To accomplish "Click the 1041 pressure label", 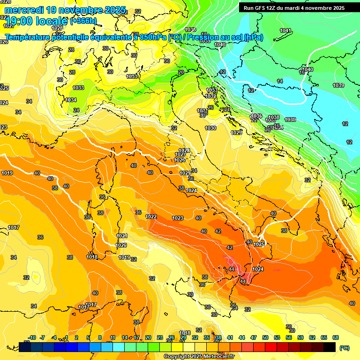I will (x=285, y=30).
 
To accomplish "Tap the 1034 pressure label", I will (x=71, y=100).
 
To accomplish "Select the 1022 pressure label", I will (x=151, y=217).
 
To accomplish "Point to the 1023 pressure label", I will (x=178, y=218).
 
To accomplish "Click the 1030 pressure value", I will (x=210, y=128).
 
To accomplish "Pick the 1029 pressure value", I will (x=236, y=133).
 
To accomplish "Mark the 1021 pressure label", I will (x=122, y=236).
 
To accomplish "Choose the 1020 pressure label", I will (x=121, y=245).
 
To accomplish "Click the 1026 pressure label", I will (x=180, y=160).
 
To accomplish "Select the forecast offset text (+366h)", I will (x=83, y=21).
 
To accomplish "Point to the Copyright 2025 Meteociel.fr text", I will (x=198, y=356).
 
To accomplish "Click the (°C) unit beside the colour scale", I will (x=344, y=348).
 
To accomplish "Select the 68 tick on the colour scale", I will (x=336, y=337).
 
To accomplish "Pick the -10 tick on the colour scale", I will (x=32, y=337).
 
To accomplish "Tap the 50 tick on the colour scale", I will (x=265, y=337).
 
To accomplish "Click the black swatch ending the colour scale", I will (x=330, y=347).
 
